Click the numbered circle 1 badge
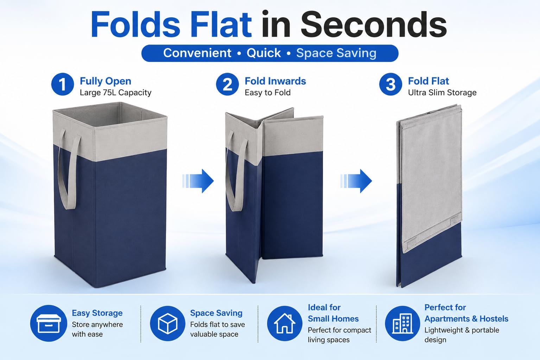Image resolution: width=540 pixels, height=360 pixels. coord(62,84)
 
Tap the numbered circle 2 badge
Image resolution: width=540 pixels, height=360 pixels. coord(227,84)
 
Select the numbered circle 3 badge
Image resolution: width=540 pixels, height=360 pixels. coord(390,84)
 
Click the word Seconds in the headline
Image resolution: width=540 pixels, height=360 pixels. coord(374,25)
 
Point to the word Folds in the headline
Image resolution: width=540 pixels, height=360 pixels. coord(135,25)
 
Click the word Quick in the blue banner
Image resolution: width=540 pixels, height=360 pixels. coord(263,53)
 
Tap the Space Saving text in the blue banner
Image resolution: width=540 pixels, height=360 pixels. coord(336,53)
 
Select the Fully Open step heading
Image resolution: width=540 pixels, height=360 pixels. coord(105,82)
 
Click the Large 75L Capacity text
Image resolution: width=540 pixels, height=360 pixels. coord(115,92)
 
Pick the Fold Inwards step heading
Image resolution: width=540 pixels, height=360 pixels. coord(275,81)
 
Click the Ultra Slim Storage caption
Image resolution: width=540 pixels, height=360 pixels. coord(442,92)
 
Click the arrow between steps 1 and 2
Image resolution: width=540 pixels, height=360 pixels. coord(198,181)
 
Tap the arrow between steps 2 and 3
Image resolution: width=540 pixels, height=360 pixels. coord(356,181)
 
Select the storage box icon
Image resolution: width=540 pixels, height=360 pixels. coord(49,323)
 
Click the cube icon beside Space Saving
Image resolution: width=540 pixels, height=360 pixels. coord(167,323)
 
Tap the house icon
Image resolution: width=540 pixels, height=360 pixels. coord(285,323)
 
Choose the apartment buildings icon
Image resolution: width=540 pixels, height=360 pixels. coord(402,323)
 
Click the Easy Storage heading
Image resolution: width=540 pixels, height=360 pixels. coord(97,313)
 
